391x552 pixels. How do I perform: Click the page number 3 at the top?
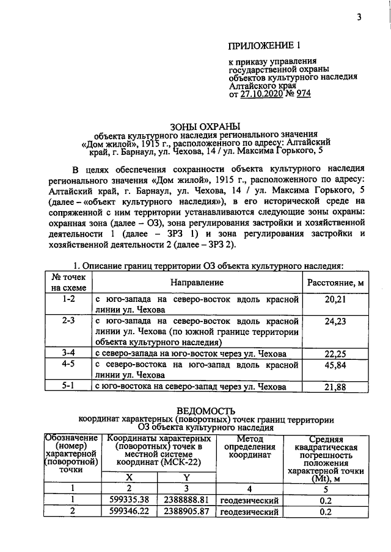pyautogui.click(x=359, y=18)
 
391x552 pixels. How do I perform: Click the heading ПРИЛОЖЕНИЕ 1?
pyautogui.click(x=265, y=46)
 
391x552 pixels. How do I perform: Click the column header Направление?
pyautogui.click(x=197, y=283)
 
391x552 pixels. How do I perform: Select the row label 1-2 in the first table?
pyautogui.click(x=68, y=300)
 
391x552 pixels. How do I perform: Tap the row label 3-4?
pyautogui.click(x=68, y=353)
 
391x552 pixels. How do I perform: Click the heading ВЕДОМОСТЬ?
pyautogui.click(x=206, y=411)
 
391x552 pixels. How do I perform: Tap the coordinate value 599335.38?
pyautogui.click(x=128, y=501)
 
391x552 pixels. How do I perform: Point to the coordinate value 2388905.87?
pyautogui.click(x=187, y=512)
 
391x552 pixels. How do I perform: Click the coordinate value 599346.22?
pyautogui.click(x=128, y=512)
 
